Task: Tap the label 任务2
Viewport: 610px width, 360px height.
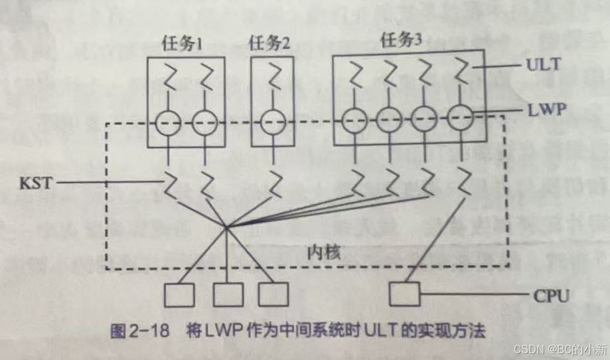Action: pyautogui.click(x=269, y=45)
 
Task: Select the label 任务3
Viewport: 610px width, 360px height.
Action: pyautogui.click(x=402, y=41)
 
